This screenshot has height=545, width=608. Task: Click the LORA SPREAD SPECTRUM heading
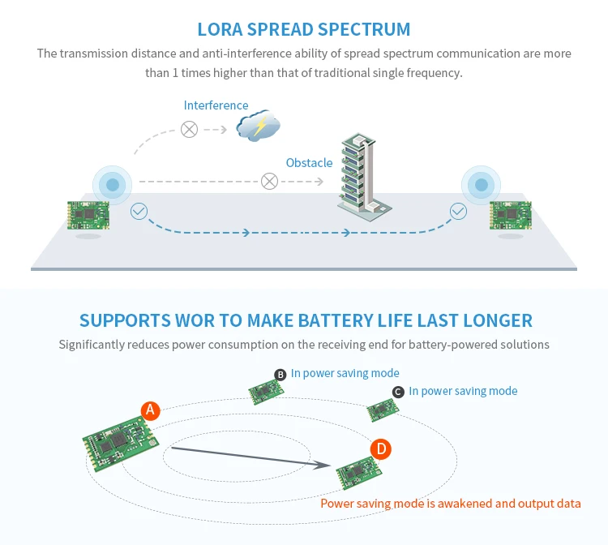coord(304,30)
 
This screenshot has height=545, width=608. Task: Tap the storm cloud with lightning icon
coord(258,127)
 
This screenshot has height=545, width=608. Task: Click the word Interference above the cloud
coord(216,105)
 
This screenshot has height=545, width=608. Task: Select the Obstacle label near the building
coord(309,163)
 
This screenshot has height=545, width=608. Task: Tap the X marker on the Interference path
coord(189,129)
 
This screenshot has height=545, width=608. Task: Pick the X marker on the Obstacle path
coord(269,182)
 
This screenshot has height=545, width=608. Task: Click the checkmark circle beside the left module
coord(139,212)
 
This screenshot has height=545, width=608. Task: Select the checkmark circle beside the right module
coord(459,212)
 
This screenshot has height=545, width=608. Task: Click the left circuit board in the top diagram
coord(88,215)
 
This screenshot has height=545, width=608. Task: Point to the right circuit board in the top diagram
coord(511,216)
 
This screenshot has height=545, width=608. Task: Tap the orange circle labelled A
coord(149,410)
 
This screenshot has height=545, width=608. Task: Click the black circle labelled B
coord(280,374)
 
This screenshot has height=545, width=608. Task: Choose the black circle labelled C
coord(398,392)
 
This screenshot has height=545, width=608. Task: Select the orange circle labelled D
coord(381,448)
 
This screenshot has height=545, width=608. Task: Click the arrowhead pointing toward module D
coord(328,465)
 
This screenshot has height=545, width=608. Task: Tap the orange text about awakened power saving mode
coord(451,504)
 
